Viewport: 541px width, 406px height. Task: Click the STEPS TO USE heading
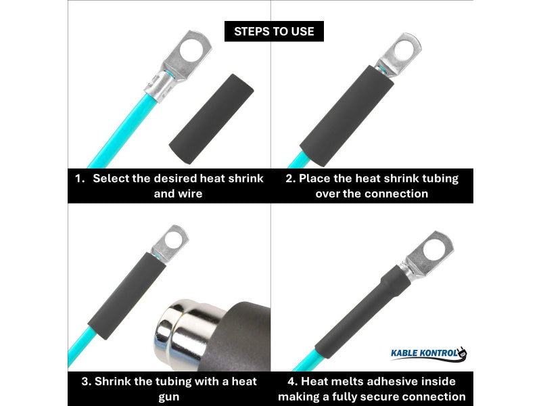pyautogui.click(x=274, y=31)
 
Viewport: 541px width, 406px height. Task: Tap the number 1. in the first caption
pyautogui.click(x=80, y=179)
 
